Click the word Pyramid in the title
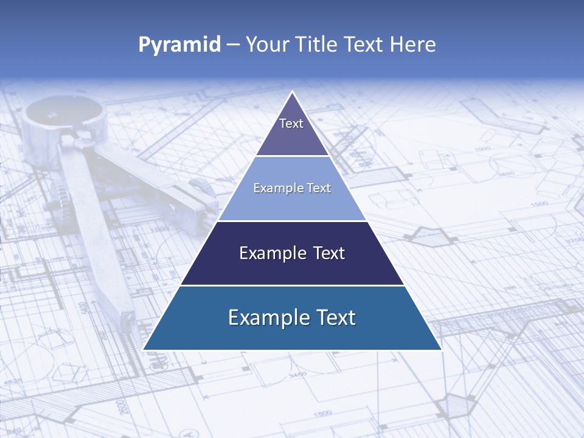(179, 44)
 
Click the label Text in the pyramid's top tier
(291, 123)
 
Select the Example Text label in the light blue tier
(292, 188)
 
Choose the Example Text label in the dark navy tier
(292, 253)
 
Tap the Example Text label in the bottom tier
(292, 318)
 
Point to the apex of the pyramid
(293, 92)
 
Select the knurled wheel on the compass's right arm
(203, 189)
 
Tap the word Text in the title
(362, 44)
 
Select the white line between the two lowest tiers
(292, 285)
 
